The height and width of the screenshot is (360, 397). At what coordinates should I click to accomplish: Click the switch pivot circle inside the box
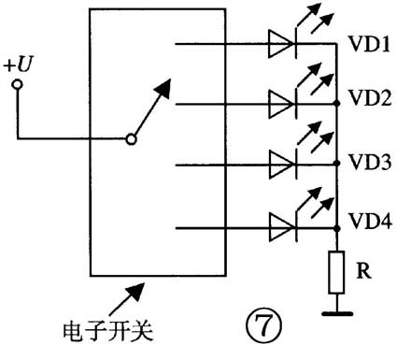point(131,140)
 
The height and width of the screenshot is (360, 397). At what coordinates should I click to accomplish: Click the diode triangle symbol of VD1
point(281,43)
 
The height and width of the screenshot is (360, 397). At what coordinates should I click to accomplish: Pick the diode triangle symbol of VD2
point(281,102)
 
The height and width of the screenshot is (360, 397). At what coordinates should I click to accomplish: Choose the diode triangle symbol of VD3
point(281,163)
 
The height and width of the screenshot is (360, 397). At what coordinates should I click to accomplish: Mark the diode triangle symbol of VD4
point(281,224)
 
